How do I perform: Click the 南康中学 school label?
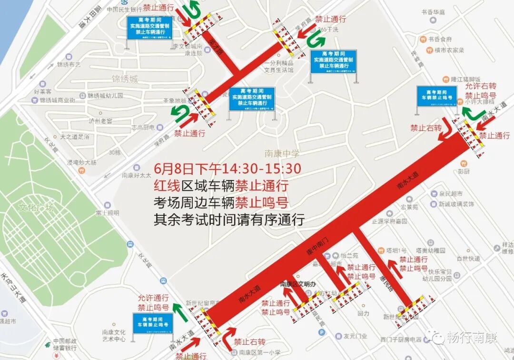click(x=282, y=153)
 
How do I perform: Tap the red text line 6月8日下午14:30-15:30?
click(x=228, y=169)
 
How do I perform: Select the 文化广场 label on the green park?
click(x=36, y=208)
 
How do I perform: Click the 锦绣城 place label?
click(x=125, y=79)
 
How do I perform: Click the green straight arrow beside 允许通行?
click(x=178, y=310)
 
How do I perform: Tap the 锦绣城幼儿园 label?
click(x=105, y=95)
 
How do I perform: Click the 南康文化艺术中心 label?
click(x=113, y=335)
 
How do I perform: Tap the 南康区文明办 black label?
click(x=297, y=284)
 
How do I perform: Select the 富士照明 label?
click(x=107, y=213)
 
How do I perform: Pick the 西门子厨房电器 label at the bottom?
click(x=401, y=340)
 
